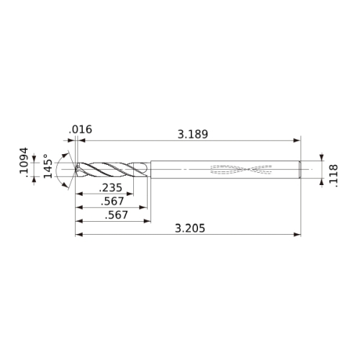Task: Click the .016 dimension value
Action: point(81,130)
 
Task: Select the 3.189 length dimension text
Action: point(193,134)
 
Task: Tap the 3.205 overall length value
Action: point(190,228)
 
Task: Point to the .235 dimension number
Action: point(111,187)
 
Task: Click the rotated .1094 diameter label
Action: point(24,161)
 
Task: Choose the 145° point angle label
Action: point(48,166)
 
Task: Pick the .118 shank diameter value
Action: point(333,176)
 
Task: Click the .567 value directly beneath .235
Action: point(112,201)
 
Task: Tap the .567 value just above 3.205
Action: point(117,215)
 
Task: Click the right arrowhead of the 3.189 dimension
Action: point(297,140)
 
